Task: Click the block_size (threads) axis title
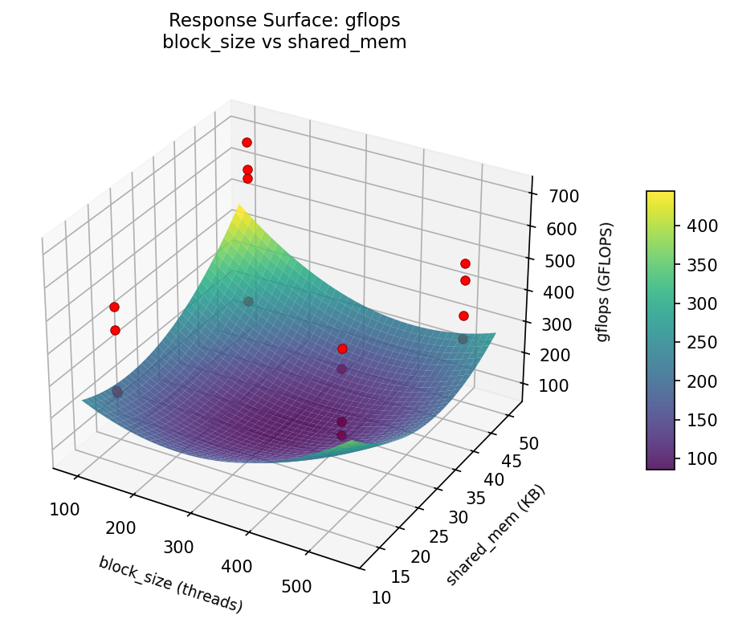pos(170,584)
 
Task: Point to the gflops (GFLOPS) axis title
pos(603,281)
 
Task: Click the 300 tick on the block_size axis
pos(178,547)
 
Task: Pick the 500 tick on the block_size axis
pos(296,586)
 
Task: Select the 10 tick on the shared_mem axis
pos(383,597)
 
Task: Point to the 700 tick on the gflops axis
pos(563,196)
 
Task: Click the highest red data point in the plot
pos(247,142)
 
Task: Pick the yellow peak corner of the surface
pos(239,210)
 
